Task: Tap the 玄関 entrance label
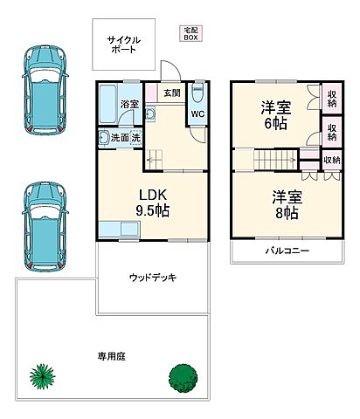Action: click(171, 93)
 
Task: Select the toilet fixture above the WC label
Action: click(197, 93)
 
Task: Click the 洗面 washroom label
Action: click(119, 138)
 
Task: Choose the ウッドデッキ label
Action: click(153, 278)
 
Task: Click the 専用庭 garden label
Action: click(110, 356)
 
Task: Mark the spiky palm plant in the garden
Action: click(43, 376)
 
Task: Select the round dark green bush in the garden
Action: click(181, 377)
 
